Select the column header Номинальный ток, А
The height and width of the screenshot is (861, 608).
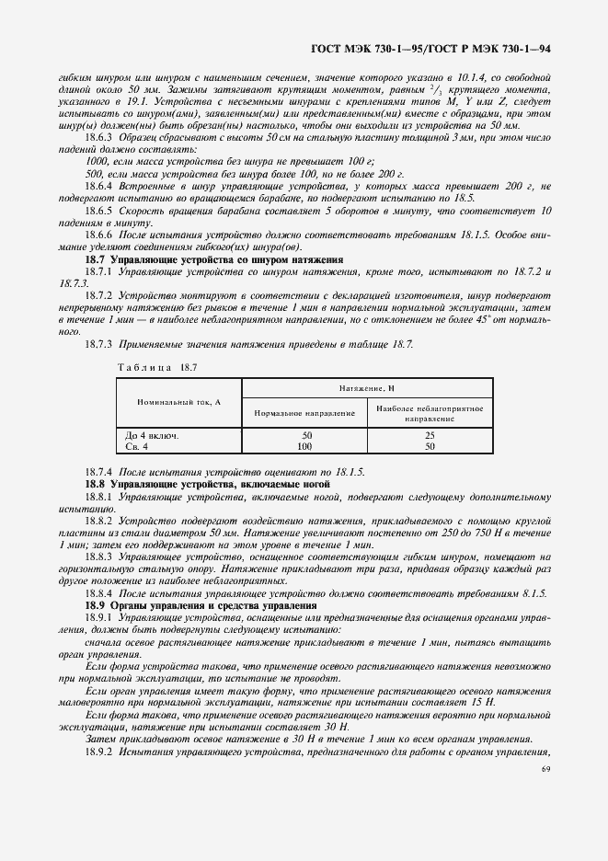pyautogui.click(x=178, y=403)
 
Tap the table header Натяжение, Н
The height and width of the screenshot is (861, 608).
pyautogui.click(x=366, y=390)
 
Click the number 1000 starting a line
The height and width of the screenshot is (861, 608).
pyautogui.click(x=96, y=161)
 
